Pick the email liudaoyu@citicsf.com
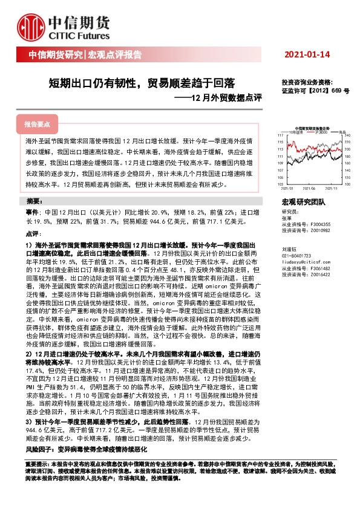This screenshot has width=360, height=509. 303,263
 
